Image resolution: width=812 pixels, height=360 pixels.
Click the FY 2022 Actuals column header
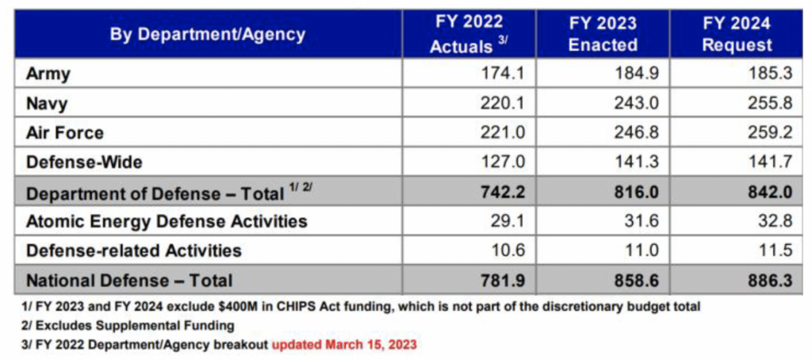click(x=469, y=34)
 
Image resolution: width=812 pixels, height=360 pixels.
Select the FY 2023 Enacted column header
click(x=603, y=34)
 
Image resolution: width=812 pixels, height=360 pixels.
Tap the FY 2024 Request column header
click(x=736, y=34)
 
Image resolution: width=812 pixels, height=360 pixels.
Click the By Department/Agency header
click(x=208, y=34)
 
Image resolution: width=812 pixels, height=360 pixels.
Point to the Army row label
click(x=48, y=74)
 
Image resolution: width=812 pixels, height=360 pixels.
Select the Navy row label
click(x=47, y=103)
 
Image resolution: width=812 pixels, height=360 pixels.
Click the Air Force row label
click(x=65, y=132)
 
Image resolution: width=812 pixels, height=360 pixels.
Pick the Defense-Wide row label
click(x=85, y=162)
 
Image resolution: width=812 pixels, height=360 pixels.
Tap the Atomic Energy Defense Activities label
click(x=167, y=220)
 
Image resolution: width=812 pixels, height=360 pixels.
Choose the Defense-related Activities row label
click(x=134, y=251)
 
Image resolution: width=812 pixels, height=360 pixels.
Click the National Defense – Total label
click(x=129, y=280)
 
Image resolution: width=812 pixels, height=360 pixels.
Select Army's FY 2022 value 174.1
click(x=503, y=74)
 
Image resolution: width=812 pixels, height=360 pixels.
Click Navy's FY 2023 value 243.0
click(x=637, y=103)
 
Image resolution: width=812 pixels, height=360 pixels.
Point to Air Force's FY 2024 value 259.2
click(x=770, y=132)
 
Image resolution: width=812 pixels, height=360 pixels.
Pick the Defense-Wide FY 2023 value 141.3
click(x=637, y=162)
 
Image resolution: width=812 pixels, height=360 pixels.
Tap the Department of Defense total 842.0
click(x=768, y=192)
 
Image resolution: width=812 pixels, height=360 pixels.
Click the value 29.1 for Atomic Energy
click(x=507, y=220)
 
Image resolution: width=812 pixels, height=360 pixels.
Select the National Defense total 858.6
click(x=636, y=280)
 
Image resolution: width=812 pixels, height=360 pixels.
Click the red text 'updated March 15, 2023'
click(x=345, y=345)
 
